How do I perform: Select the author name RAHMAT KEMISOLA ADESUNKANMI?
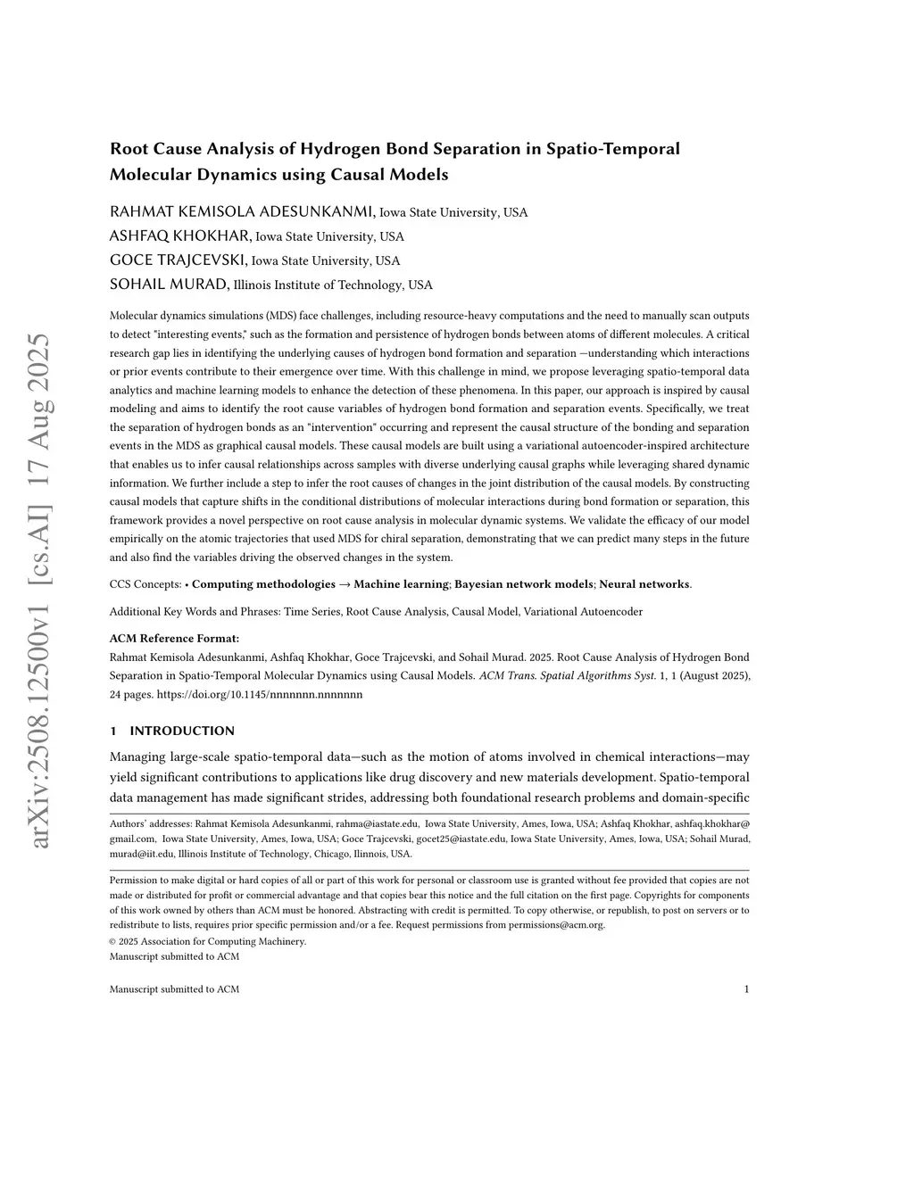point(242,212)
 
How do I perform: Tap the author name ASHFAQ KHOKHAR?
point(180,236)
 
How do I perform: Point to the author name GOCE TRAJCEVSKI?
point(179,260)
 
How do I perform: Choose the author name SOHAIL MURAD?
point(169,285)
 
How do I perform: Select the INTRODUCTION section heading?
point(182,732)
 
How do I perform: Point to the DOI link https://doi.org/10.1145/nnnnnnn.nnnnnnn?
point(260,694)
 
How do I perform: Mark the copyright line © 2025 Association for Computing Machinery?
point(207,941)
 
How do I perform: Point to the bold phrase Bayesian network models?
point(524,584)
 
